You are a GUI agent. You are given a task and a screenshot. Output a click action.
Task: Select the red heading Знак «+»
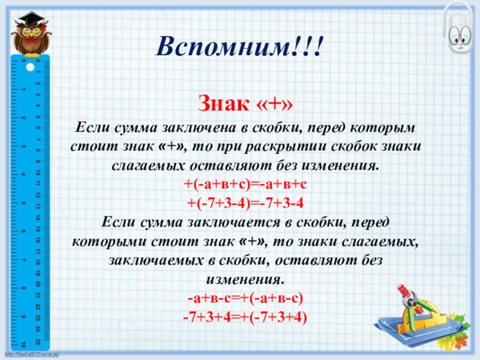247,106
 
